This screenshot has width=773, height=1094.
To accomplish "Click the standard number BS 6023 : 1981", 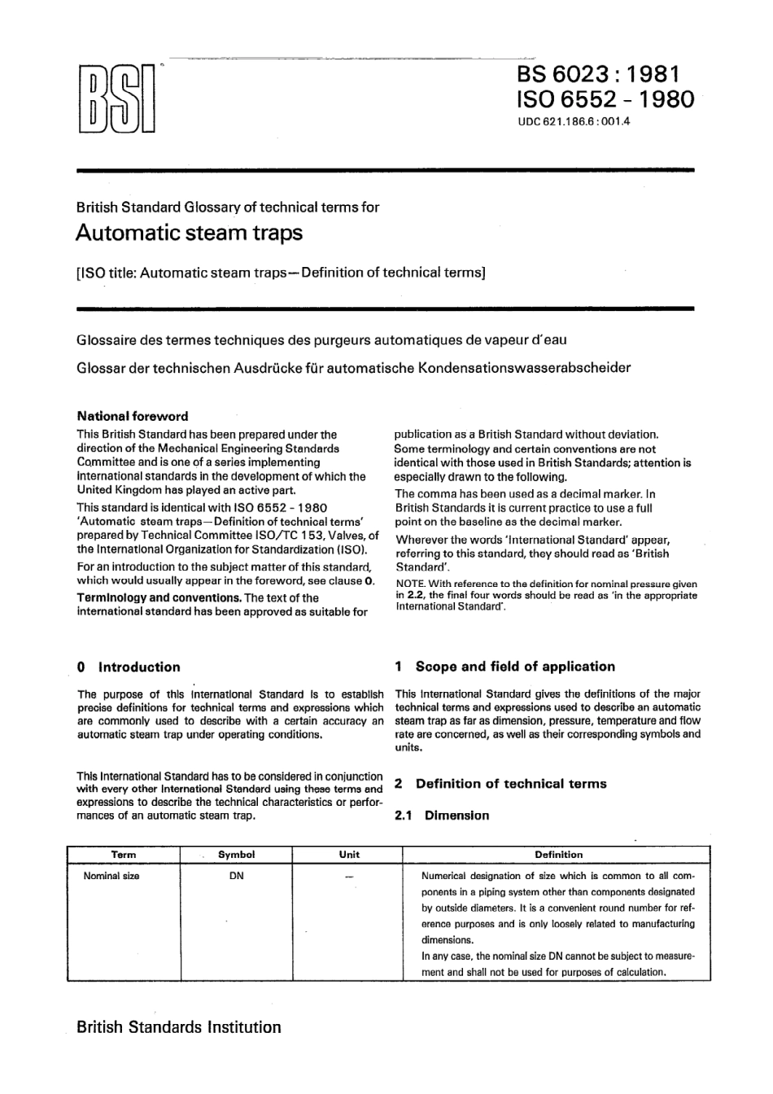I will (x=597, y=73).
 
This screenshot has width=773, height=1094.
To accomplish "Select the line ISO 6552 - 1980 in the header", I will (x=605, y=100).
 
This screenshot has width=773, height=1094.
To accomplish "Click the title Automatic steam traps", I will (x=189, y=233).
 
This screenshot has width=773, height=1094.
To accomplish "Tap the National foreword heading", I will (x=132, y=416).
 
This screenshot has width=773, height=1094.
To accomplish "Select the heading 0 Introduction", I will (x=129, y=667).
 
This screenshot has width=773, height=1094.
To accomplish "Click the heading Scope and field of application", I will (x=515, y=666).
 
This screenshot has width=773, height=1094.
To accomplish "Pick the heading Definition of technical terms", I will (x=511, y=784).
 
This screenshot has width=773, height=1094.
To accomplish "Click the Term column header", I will (x=124, y=855).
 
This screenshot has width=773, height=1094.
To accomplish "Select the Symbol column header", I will (x=237, y=855).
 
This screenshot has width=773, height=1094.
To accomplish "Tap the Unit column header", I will (x=349, y=855).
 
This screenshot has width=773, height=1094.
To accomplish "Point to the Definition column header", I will (x=558, y=855).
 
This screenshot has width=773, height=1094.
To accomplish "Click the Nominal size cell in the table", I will (x=111, y=876).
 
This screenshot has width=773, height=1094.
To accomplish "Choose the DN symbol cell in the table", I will (x=237, y=876).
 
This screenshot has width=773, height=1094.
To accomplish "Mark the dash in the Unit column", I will (x=349, y=877).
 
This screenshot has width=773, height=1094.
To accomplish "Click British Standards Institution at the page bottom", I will (x=179, y=1027).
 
